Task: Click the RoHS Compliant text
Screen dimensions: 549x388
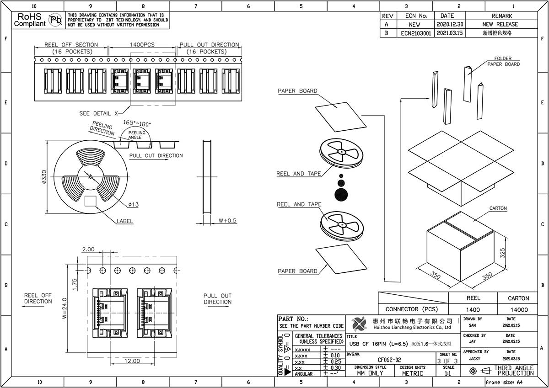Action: pos(30,20)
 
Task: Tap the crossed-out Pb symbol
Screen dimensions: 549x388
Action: pos(55,20)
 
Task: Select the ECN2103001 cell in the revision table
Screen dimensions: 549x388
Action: pos(416,33)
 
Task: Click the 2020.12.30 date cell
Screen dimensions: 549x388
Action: pos(450,24)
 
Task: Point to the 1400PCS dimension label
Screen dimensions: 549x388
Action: pos(142,44)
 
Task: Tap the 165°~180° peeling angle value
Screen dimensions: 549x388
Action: pos(137,123)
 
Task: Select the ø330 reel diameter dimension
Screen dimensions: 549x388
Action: pos(44,177)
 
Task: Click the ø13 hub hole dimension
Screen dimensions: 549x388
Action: pos(133,204)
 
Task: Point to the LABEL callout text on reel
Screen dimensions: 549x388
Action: pos(125,221)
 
